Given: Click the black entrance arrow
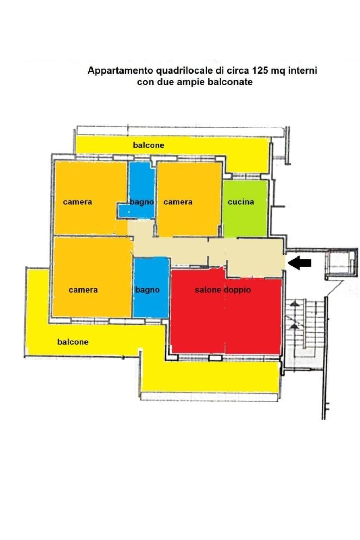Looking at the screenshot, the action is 299,263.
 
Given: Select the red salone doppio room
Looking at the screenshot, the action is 226,311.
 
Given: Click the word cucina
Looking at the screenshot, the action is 241,202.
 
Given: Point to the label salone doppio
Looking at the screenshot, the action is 223,290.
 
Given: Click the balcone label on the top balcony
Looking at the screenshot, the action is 149,145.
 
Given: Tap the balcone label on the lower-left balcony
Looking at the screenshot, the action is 73,342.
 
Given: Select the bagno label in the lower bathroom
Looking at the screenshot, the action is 147,290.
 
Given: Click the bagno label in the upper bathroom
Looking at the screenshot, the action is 142,202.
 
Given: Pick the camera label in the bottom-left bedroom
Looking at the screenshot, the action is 83,290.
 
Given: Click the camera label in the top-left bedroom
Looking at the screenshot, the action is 77,202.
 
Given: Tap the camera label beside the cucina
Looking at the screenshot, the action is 178,202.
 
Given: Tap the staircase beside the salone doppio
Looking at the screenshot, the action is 305,334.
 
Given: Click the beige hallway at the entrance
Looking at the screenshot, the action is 255,258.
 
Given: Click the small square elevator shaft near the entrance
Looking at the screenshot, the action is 341,263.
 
